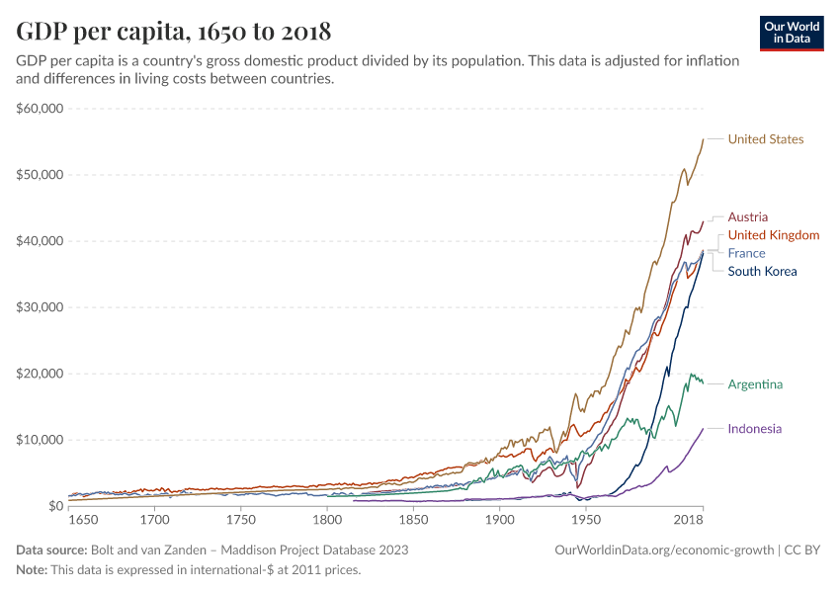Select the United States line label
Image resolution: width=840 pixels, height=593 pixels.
765,139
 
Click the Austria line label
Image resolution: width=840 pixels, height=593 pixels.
747,216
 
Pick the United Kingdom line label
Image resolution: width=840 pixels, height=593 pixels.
773,235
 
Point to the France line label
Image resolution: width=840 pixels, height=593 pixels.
746,253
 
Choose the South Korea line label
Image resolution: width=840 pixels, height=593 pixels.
761,271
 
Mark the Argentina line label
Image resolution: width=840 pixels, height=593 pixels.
755,383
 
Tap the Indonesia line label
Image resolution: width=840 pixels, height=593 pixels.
754,429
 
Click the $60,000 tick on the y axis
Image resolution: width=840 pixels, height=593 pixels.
40,109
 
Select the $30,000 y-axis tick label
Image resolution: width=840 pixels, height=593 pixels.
40,307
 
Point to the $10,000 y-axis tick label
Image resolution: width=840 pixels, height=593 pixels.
40,440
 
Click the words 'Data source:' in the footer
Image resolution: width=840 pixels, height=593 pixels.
50,550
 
